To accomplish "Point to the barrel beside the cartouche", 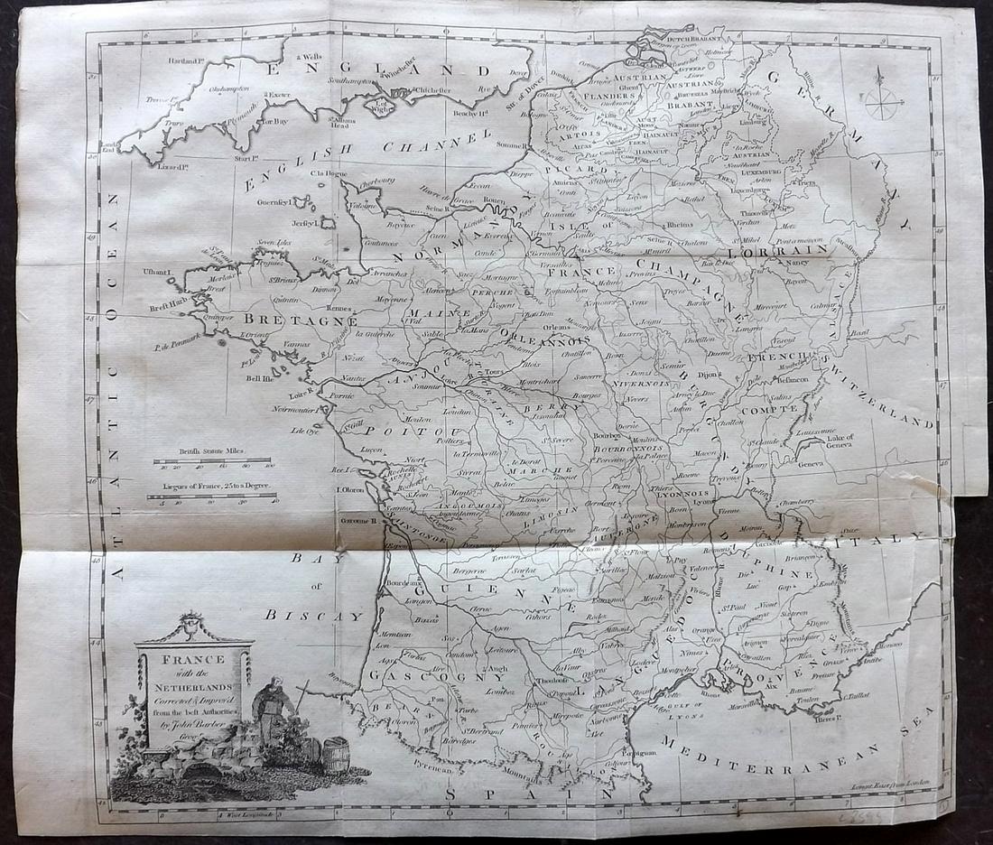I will click(336, 755).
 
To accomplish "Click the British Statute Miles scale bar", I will click(213, 460).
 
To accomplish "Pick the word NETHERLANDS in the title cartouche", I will click(193, 687).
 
